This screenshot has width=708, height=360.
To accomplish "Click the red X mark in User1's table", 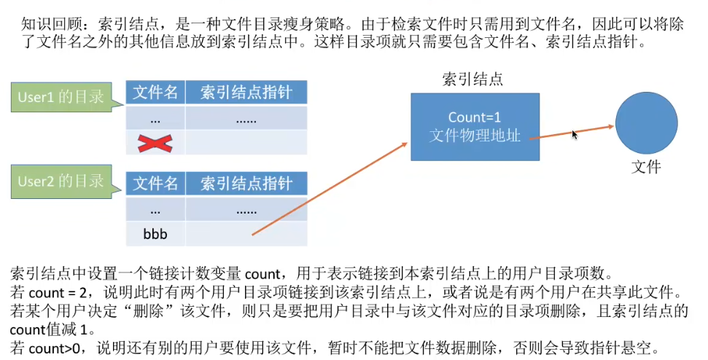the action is (155, 143).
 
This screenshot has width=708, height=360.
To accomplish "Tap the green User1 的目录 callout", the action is (61, 97).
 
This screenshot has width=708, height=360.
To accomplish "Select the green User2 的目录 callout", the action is (61, 181).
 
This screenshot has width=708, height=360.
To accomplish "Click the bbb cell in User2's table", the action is (155, 234).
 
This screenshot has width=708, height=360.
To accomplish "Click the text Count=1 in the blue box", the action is (475, 117).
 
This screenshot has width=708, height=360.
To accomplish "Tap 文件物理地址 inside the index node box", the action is (475, 135).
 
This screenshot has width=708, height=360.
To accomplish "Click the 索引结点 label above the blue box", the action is (472, 79).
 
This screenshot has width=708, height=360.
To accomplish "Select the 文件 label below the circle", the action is (646, 167).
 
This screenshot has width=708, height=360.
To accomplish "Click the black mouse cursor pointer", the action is (575, 134).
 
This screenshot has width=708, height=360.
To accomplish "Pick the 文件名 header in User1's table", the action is (155, 93).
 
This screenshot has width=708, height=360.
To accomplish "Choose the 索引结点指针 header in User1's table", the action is (246, 93).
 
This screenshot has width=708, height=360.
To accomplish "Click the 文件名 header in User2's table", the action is (155, 184).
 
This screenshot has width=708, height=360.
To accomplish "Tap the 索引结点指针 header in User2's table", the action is (246, 184).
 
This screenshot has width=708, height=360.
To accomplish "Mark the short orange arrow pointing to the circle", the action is (572, 132).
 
